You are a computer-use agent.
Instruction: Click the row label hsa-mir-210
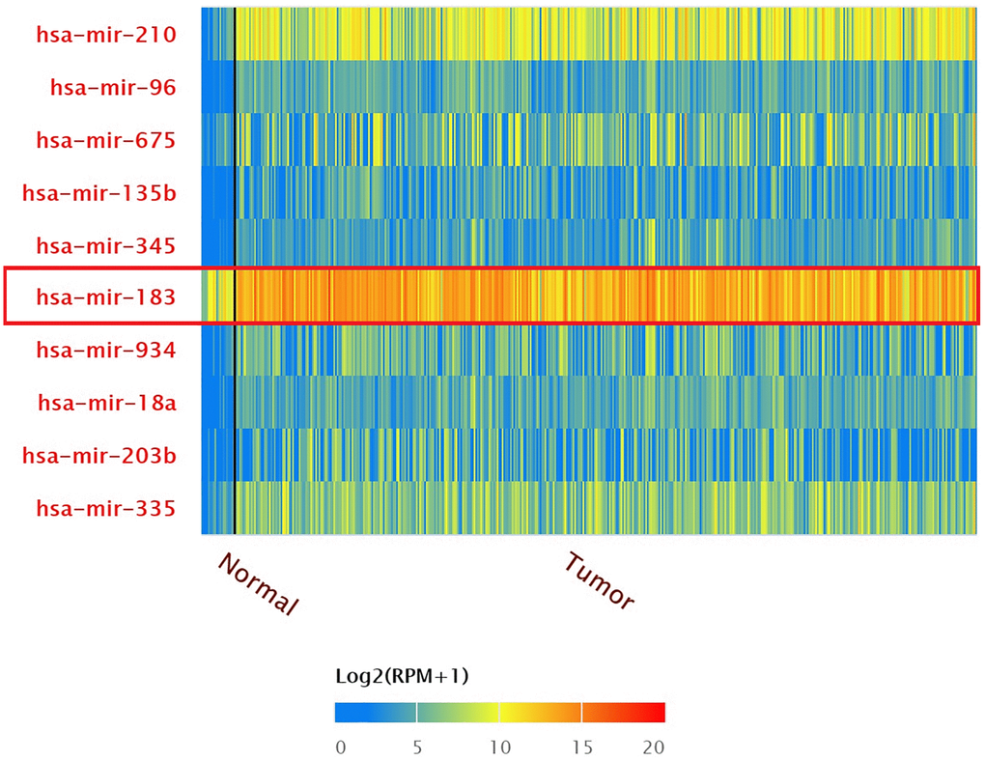click(105, 35)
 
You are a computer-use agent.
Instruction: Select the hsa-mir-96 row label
click(112, 88)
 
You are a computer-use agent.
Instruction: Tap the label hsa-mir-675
click(105, 140)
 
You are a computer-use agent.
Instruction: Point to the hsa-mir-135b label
click(98, 193)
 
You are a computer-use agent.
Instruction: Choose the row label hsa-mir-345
click(105, 245)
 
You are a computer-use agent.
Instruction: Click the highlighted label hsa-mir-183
click(105, 296)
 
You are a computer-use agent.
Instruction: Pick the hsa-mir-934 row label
click(105, 350)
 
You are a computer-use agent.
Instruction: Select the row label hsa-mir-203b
click(98, 454)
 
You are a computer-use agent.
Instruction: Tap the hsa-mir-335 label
click(105, 507)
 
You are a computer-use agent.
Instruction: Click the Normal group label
click(258, 584)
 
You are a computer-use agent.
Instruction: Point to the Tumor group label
click(600, 580)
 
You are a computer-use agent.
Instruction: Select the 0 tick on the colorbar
click(340, 747)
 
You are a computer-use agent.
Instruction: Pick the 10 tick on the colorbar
click(499, 747)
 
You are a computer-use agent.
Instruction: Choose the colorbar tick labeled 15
click(581, 747)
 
